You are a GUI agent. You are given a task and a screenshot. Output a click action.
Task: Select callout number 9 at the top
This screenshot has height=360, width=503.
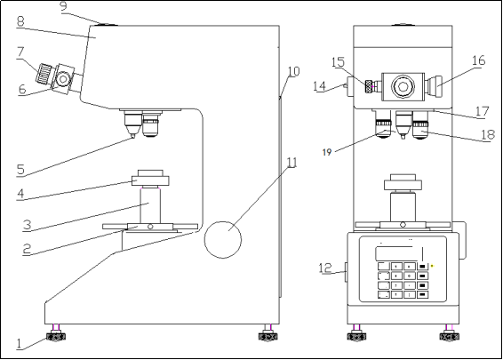pyautogui.click(x=64, y=6)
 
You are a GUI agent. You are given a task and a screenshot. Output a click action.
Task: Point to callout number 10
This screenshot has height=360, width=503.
pyautogui.click(x=293, y=71)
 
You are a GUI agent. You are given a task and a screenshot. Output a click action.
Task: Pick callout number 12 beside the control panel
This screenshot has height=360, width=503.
pyautogui.click(x=325, y=266)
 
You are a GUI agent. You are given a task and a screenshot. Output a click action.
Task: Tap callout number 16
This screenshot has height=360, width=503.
pyautogui.click(x=478, y=60)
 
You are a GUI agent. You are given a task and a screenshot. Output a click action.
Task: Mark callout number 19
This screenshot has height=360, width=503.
pyautogui.click(x=329, y=153)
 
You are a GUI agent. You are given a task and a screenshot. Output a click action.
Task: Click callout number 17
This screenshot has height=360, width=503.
pyautogui.click(x=482, y=112)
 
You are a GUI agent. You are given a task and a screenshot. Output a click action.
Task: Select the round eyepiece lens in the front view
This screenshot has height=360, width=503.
pyautogui.click(x=404, y=86)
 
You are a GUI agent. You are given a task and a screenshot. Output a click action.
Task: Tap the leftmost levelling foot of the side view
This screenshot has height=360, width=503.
pyautogui.click(x=58, y=335)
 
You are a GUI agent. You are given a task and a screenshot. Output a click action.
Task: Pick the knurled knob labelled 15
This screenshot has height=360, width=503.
pyautogui.click(x=365, y=87)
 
